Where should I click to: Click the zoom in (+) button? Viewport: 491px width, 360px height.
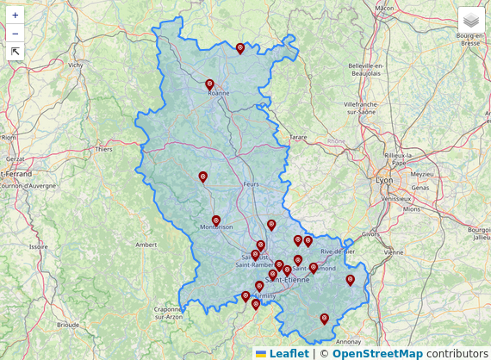(x=16, y=16)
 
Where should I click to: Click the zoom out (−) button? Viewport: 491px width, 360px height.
(x=16, y=34)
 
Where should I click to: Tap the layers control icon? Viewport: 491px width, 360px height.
(x=471, y=19)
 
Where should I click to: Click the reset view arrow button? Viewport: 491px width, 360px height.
(x=16, y=52)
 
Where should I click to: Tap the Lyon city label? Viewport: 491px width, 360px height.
(x=384, y=180)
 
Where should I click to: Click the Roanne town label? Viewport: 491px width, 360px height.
(x=219, y=93)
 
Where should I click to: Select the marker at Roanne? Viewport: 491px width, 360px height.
(x=209, y=84)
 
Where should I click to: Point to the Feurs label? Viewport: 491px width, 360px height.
(x=252, y=184)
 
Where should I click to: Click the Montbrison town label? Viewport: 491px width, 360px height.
(x=216, y=227)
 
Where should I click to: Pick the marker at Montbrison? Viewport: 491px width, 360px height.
(x=216, y=220)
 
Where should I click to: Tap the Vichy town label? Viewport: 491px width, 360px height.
(x=76, y=65)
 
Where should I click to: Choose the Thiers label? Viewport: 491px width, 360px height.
(x=104, y=149)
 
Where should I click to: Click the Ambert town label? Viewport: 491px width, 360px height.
(x=146, y=245)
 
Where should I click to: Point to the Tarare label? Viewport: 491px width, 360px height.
(x=298, y=137)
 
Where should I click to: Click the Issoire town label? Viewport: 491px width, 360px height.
(x=38, y=246)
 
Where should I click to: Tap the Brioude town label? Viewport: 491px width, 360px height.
(x=68, y=326)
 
